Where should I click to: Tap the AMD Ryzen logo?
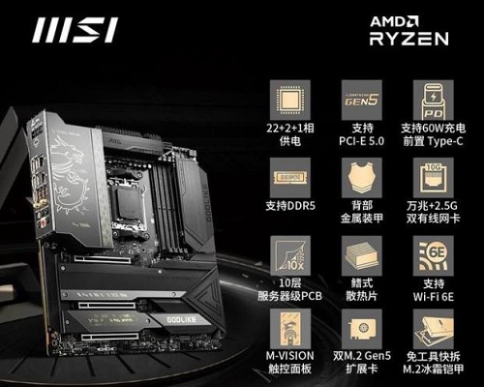tap(408, 30)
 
